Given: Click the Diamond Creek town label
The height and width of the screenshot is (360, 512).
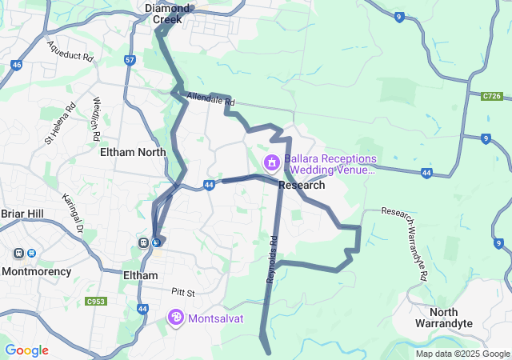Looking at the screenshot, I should click(x=167, y=13).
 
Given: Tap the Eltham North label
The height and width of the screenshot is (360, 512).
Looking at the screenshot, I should click(x=132, y=152).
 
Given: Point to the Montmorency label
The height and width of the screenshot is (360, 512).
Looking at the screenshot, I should click(x=38, y=271).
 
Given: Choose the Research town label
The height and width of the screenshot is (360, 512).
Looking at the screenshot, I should click(x=302, y=185).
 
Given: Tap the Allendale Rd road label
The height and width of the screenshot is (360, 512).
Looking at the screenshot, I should click(x=210, y=100).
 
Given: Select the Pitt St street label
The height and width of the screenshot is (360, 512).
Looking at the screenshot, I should click(x=182, y=292).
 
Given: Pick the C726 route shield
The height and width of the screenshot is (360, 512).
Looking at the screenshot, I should click(x=493, y=96).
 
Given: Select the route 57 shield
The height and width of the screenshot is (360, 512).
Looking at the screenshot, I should click(x=130, y=60).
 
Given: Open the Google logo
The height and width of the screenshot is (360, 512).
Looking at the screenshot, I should click(x=26, y=350).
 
